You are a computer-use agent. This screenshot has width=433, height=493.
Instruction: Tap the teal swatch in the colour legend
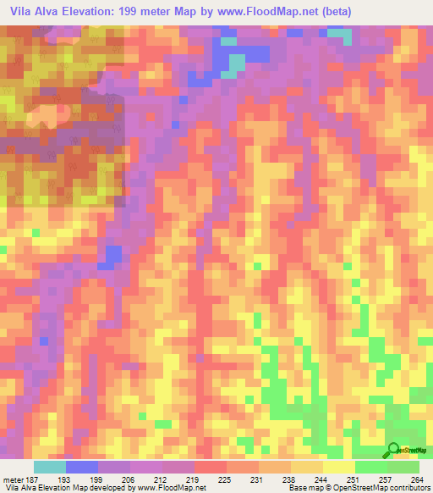(49, 467)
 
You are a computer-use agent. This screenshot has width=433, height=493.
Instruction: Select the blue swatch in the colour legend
(81, 467)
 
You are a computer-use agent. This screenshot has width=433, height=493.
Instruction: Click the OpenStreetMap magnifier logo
(393, 449)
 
